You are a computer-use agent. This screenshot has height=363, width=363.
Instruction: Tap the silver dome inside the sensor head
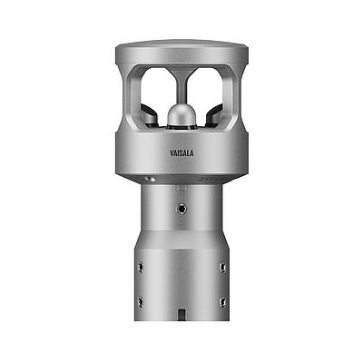[x=181, y=115]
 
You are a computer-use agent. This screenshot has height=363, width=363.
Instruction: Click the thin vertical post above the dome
[x=181, y=86]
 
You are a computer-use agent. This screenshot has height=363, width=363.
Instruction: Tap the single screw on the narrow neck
[x=181, y=209]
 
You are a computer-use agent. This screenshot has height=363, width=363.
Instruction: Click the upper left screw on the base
[x=140, y=267]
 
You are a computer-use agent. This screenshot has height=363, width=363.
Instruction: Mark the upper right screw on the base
[x=222, y=267]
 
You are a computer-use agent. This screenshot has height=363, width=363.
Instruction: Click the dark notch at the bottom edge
[x=181, y=317]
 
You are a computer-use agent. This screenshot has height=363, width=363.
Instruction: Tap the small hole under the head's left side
[x=152, y=180]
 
